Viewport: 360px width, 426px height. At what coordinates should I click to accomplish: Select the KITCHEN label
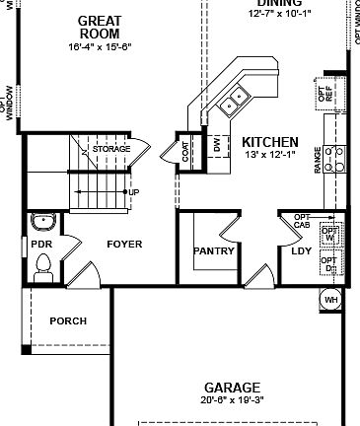269,142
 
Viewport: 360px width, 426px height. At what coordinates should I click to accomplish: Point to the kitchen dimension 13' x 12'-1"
269,155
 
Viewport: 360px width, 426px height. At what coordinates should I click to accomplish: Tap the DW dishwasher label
217,144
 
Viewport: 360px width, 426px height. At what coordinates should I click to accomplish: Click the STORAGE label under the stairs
111,149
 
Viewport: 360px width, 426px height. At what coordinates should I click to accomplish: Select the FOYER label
124,244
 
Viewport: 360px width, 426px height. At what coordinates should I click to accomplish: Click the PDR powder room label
41,244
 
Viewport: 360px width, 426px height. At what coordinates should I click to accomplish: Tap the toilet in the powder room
43,263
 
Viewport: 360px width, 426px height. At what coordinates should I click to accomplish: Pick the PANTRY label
214,250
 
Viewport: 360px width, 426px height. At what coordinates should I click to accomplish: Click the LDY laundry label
301,250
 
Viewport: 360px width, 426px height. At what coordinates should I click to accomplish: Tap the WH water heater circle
331,299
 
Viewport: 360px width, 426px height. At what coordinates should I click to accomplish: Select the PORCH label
68,321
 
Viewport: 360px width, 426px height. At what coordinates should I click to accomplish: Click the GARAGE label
233,388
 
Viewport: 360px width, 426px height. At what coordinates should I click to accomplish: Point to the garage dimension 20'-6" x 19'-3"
233,400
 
